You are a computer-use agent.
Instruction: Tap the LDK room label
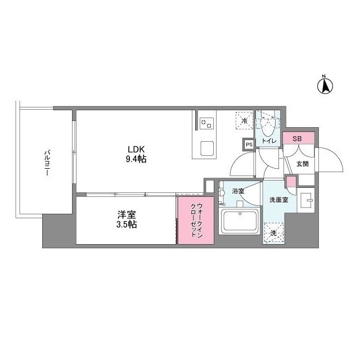(136, 150)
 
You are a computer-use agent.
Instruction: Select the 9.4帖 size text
(136, 160)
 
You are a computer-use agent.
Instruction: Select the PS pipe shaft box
(248, 144)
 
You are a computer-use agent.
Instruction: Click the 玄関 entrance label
(302, 164)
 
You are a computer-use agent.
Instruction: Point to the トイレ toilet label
(268, 141)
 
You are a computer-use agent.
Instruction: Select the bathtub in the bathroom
(239, 221)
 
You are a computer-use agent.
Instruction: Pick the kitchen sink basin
(205, 148)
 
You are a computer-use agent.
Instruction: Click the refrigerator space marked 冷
(244, 120)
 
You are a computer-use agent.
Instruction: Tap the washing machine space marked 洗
(273, 232)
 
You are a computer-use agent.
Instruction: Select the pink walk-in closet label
(196, 219)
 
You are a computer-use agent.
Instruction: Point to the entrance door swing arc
(332, 160)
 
